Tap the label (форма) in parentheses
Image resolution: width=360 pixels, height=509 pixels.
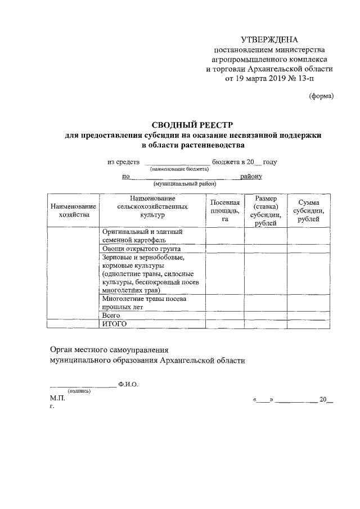[x=322, y=96]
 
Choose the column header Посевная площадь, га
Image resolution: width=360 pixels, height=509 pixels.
[x=225, y=210]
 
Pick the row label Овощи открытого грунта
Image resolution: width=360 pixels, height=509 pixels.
[x=141, y=248]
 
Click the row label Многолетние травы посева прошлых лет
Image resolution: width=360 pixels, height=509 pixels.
[x=145, y=304]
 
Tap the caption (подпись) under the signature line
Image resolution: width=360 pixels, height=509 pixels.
[x=79, y=391]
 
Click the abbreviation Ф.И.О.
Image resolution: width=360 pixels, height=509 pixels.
[x=128, y=384]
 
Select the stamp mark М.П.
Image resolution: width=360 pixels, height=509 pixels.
[x=57, y=398]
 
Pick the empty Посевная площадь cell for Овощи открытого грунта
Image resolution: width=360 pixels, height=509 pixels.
[x=225, y=248]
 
